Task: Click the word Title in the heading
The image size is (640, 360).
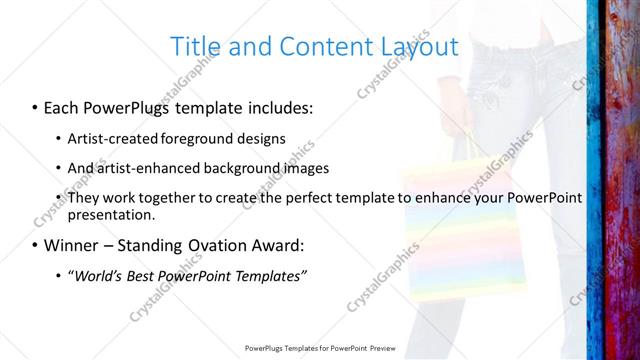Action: coord(196,46)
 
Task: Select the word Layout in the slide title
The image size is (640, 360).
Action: coord(415,46)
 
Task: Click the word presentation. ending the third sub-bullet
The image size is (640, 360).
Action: coord(111,215)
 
